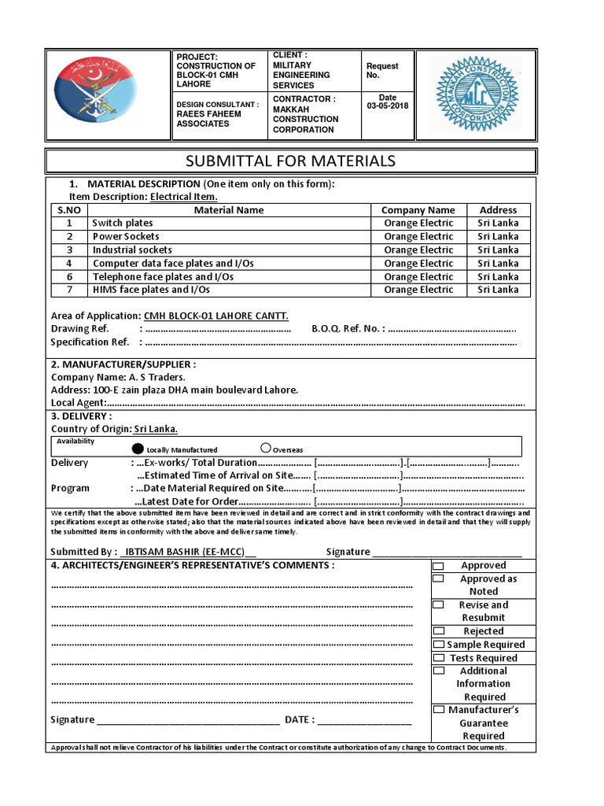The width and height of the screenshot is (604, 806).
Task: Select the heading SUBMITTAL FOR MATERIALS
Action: coord(289,161)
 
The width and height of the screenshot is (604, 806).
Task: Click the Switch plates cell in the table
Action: coord(123,224)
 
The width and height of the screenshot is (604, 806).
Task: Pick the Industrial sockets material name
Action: coord(132,250)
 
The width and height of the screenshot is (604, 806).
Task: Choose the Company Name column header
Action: coord(418,210)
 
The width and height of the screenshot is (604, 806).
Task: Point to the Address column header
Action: coord(498,210)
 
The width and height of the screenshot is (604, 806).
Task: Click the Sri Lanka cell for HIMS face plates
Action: coord(498,290)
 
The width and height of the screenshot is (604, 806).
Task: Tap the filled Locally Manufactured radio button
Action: coord(138,449)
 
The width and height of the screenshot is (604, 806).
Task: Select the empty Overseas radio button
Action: coord(266,449)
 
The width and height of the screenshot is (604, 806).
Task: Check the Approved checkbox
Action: coord(439,566)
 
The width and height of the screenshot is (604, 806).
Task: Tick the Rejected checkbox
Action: coord(439,631)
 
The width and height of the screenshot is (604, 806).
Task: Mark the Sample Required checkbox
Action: coord(439,645)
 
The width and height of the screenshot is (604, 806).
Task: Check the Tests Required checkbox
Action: coord(439,658)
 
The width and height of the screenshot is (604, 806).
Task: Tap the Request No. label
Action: coord(382,71)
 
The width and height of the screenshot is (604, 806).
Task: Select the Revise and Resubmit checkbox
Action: coord(439,605)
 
